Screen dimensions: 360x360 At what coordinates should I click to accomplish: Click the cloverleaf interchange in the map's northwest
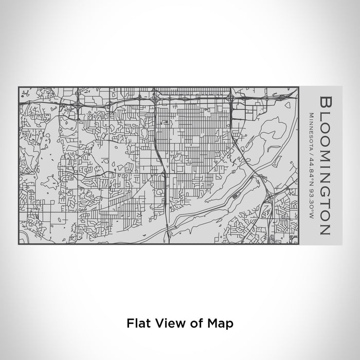(x=77, y=102)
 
